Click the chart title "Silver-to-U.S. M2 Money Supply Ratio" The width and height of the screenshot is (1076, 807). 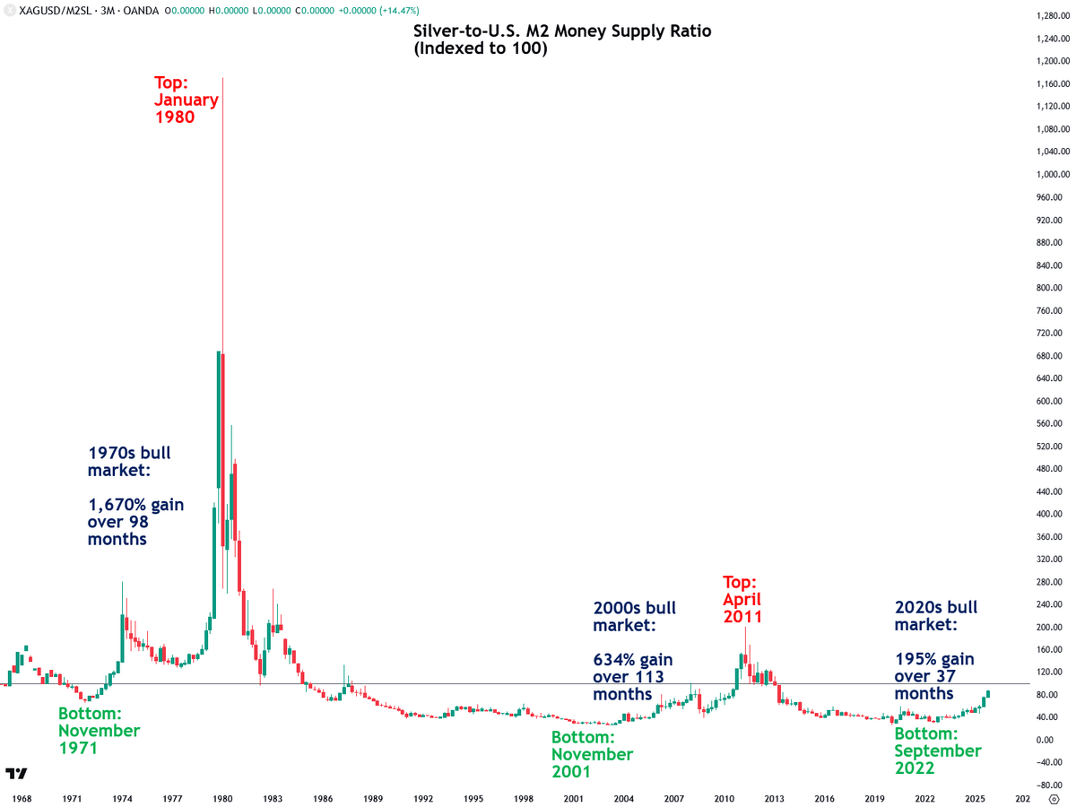[562, 31]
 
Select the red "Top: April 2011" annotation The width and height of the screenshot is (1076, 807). [742, 599]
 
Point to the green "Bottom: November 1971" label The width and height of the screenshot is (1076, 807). [99, 731]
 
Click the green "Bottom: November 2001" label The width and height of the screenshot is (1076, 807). [592, 754]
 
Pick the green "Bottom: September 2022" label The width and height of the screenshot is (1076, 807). [938, 751]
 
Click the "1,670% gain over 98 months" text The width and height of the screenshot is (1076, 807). [135, 522]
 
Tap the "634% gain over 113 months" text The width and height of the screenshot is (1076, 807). [632, 677]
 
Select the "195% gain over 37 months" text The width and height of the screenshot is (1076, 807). [933, 677]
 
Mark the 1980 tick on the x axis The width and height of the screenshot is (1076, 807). [222, 797]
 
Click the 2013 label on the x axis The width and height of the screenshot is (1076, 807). [775, 797]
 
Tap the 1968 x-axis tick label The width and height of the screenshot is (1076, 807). [22, 797]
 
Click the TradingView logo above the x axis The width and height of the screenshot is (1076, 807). [16, 773]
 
